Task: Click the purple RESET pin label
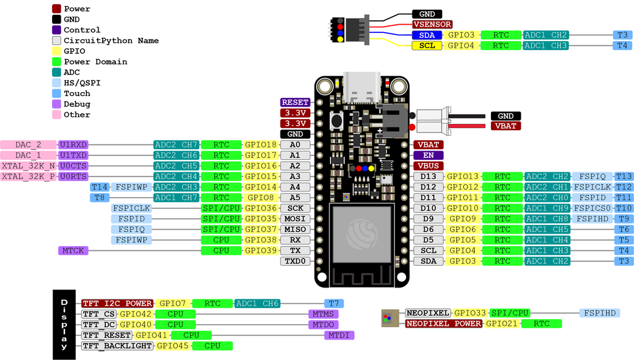click(295, 102)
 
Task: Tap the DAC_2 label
click(28, 144)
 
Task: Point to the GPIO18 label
click(261, 144)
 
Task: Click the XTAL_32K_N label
click(28, 165)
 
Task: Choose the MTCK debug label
click(73, 250)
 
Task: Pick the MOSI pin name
click(295, 219)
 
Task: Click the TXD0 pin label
click(295, 261)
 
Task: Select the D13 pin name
click(428, 177)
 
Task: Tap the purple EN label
click(428, 155)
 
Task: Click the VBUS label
click(428, 165)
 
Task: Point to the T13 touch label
click(623, 177)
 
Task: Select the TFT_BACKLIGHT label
click(117, 346)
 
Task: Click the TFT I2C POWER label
click(117, 304)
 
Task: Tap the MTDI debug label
click(339, 335)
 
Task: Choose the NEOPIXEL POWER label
click(444, 323)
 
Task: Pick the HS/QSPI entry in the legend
click(82, 82)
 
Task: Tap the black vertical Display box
click(64, 324)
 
